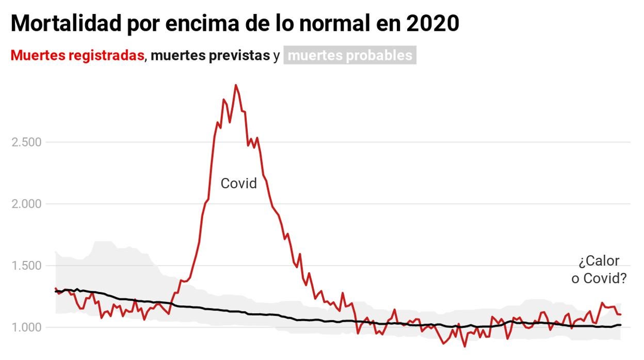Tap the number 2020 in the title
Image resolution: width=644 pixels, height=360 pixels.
click(432, 23)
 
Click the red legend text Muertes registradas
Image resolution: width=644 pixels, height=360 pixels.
click(77, 56)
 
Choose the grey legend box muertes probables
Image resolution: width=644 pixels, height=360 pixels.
click(350, 56)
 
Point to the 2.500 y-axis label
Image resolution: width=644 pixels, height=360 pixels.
click(27, 142)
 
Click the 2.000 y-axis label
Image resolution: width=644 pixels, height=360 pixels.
click(27, 204)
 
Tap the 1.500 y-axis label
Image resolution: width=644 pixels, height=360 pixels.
click(27, 266)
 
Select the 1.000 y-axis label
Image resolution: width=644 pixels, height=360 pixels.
click(27, 328)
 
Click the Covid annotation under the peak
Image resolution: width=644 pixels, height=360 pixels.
click(238, 183)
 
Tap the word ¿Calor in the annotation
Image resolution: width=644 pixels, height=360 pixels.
click(599, 261)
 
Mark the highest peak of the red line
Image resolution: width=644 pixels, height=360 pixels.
click(236, 85)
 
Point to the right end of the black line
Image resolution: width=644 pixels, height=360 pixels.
click(620, 325)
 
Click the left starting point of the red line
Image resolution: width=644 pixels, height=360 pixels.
click(55, 288)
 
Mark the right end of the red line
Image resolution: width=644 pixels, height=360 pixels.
click(620, 314)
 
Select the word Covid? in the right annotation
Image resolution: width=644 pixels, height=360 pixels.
click(605, 279)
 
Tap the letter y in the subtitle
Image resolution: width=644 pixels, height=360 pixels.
click(277, 56)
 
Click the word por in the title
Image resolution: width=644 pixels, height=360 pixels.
click(142, 23)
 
